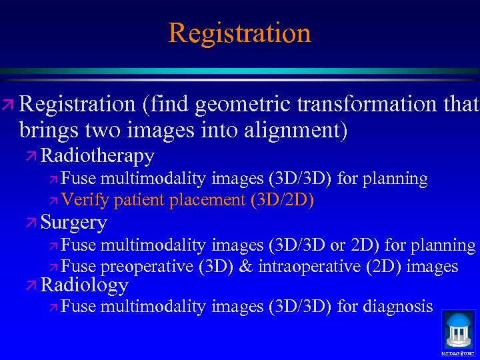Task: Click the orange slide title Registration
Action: point(239,33)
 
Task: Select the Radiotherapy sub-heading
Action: point(97,156)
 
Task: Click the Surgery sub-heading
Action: point(73,222)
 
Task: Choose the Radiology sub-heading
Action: point(84,285)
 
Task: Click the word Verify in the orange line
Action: point(86,200)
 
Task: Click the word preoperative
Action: point(148,267)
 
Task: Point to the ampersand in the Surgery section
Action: point(245,267)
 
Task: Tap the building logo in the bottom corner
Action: point(458,331)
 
